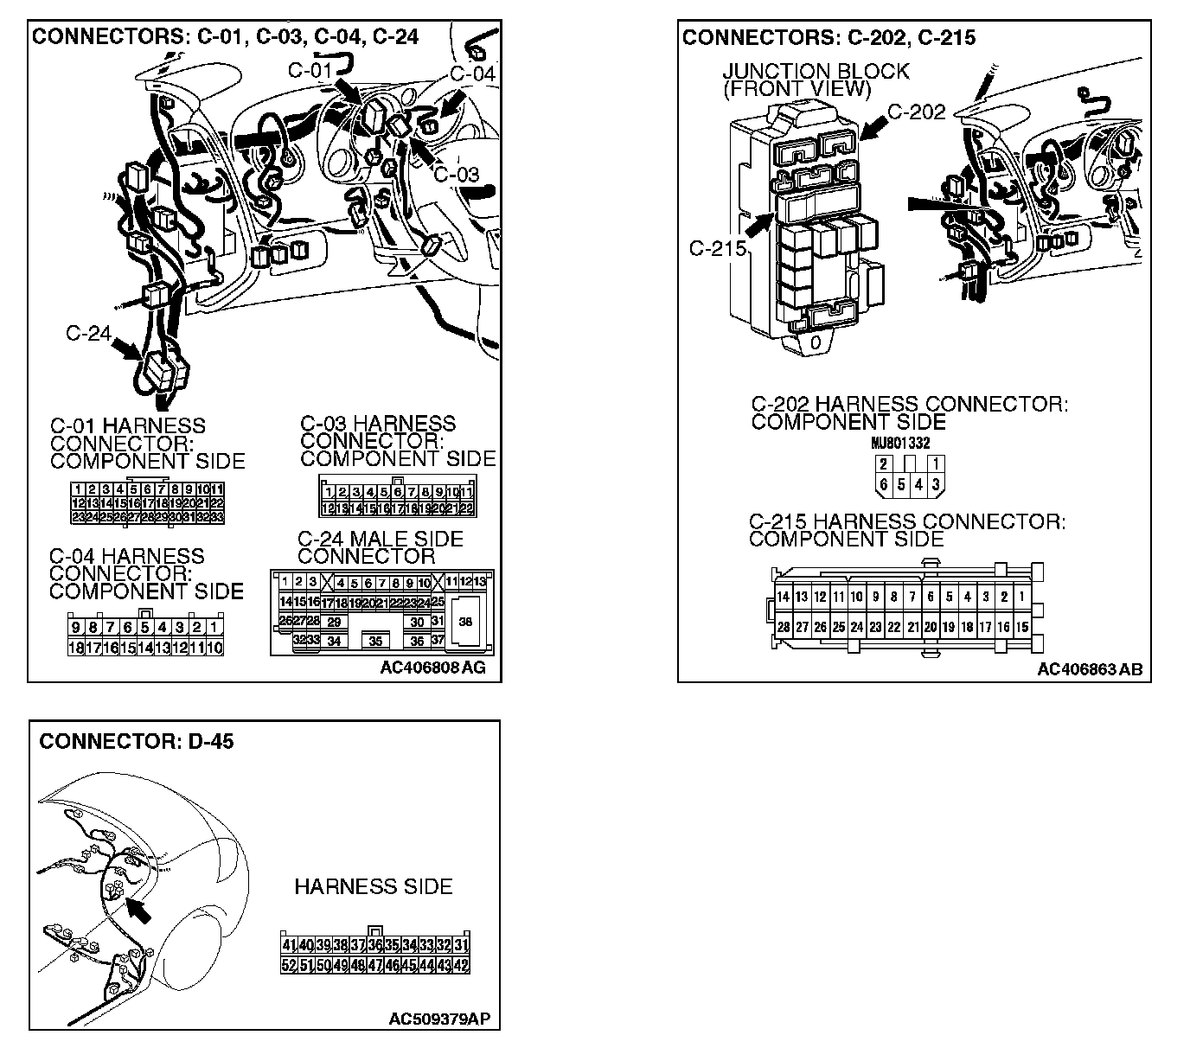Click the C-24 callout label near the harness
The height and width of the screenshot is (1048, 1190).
tap(87, 333)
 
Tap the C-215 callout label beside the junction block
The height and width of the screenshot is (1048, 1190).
tap(717, 249)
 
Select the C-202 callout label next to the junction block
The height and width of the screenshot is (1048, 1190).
tap(917, 112)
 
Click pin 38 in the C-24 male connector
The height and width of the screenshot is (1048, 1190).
tap(465, 622)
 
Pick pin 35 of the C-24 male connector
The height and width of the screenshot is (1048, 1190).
tap(375, 642)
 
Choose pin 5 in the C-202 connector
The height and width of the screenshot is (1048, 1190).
tap(900, 484)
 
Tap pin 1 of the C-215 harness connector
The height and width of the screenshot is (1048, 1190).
tap(1021, 597)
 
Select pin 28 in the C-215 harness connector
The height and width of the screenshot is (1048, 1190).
tap(783, 628)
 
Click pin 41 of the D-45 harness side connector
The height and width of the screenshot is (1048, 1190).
tap(289, 946)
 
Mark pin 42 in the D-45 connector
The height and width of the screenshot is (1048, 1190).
tap(461, 965)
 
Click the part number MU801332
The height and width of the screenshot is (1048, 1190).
tap(900, 443)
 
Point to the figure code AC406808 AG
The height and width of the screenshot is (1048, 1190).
tap(432, 668)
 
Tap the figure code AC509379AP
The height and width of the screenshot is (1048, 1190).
tap(439, 1019)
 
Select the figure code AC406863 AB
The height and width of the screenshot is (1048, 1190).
tap(1089, 669)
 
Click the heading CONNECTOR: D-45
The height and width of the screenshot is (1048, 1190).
tap(137, 742)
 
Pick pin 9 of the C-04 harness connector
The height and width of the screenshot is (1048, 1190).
tap(76, 628)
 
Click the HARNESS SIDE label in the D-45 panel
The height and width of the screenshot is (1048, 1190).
tap(373, 886)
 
